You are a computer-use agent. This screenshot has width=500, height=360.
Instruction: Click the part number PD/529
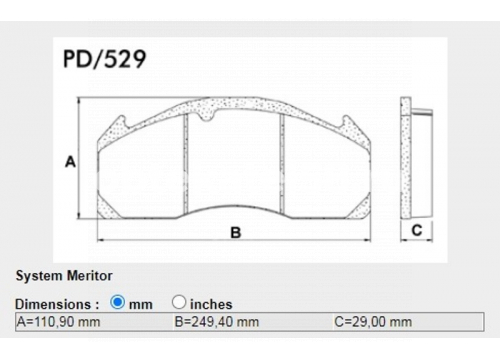click(x=104, y=59)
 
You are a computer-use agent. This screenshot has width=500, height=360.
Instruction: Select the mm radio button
click(x=117, y=302)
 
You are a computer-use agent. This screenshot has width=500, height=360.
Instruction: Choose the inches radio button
click(x=179, y=302)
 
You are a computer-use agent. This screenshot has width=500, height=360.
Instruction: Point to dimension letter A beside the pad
click(x=70, y=162)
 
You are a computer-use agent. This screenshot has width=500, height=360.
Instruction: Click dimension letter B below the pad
click(x=236, y=232)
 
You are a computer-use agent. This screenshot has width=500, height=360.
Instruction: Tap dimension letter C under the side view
click(x=417, y=230)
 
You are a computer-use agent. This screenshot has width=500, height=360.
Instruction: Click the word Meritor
click(x=90, y=276)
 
